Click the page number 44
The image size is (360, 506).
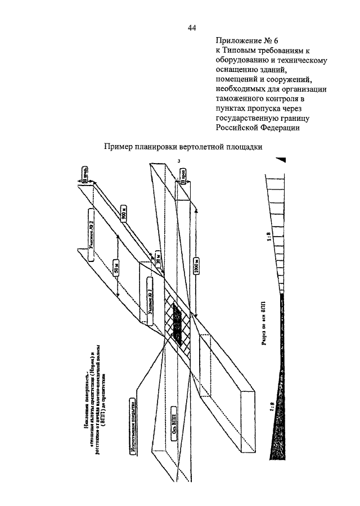pyautogui.click(x=191, y=26)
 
